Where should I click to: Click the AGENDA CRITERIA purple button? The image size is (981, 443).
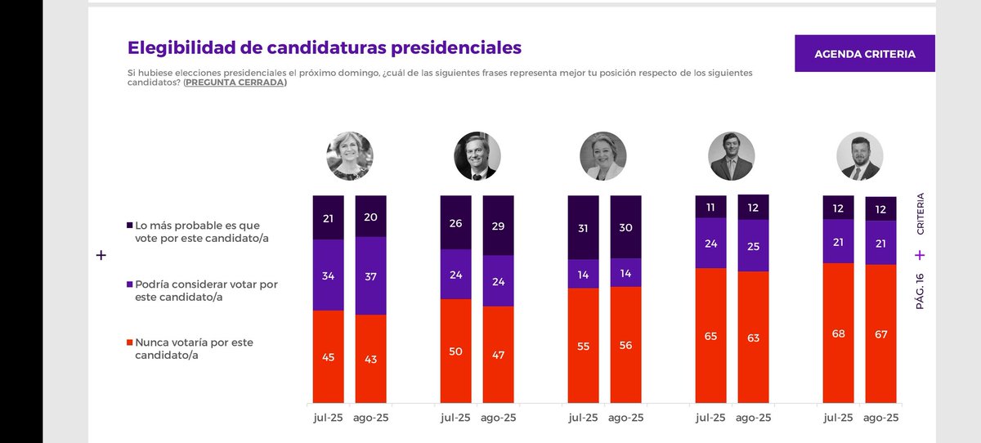coord(864,54)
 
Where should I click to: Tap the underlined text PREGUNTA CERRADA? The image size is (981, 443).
coord(235,83)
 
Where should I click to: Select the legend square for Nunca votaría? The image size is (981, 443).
coord(129,342)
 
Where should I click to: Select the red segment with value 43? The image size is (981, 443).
coord(370,358)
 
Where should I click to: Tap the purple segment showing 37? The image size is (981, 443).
coord(370,275)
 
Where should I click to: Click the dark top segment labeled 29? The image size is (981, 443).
coord(498,225)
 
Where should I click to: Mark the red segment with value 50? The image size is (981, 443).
coord(455,351)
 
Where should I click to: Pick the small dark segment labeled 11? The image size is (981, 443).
coord(710,206)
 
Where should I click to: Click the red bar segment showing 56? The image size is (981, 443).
coord(625,344)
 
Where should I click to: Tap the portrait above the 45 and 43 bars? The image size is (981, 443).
coord(349,155)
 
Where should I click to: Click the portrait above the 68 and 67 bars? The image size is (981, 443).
coord(859,155)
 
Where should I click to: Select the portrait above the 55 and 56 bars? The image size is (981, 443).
coord(603,155)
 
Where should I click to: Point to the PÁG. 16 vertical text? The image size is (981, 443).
coord(920,290)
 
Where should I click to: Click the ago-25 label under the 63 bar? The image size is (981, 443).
coord(753,418)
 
